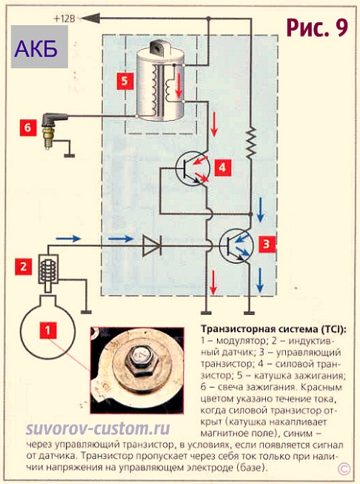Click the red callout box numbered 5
(124, 81)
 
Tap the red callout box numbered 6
(28, 127)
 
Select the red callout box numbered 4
(222, 168)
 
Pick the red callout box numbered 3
(267, 245)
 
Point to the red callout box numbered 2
(24, 267)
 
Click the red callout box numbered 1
(48, 331)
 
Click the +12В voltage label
(64, 19)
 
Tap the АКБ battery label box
(39, 47)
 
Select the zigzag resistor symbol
(251, 142)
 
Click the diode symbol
(152, 245)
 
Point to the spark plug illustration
(51, 130)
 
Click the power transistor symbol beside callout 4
(193, 168)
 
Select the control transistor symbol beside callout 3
(236, 245)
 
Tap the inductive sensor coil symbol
(48, 269)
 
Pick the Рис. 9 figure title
(317, 27)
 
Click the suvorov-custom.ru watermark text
(98, 430)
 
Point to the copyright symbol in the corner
(344, 469)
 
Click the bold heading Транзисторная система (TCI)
(273, 329)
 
